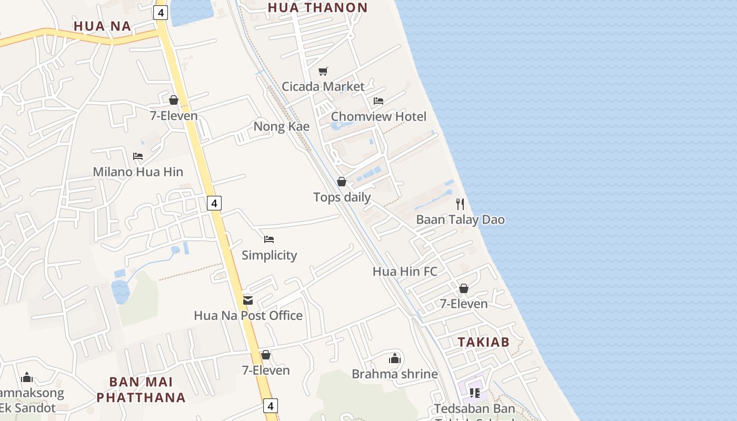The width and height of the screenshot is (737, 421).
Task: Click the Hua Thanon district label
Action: (317, 7)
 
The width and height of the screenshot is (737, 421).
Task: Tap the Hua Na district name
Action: (102, 26)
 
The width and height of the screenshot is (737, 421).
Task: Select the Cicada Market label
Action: (323, 86)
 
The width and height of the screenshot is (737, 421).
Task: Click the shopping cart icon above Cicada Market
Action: (323, 71)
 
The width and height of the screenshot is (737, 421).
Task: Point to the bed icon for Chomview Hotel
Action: (379, 101)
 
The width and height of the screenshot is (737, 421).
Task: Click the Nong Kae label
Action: (281, 126)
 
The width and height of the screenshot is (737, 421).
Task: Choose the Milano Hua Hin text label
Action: (138, 172)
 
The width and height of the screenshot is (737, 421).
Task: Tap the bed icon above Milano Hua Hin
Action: (138, 156)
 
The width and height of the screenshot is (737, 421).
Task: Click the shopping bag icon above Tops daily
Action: (342, 182)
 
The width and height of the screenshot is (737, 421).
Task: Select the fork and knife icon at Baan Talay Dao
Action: (461, 204)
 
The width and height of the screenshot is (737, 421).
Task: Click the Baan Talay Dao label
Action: (461, 219)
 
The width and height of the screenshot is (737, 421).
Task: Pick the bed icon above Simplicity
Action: (269, 239)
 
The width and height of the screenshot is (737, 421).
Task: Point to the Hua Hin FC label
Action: (405, 272)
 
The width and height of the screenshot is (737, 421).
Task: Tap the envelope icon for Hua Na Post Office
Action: (248, 300)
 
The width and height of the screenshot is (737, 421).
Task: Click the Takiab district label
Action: (483, 342)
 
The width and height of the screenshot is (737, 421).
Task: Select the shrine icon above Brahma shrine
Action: (395, 358)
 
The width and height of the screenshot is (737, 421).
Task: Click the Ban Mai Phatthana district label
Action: (141, 389)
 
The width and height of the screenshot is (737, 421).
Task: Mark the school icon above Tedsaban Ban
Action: (475, 393)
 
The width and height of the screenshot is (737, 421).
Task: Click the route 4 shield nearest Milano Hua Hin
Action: (214, 203)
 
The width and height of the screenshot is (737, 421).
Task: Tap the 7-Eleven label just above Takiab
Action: (464, 304)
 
